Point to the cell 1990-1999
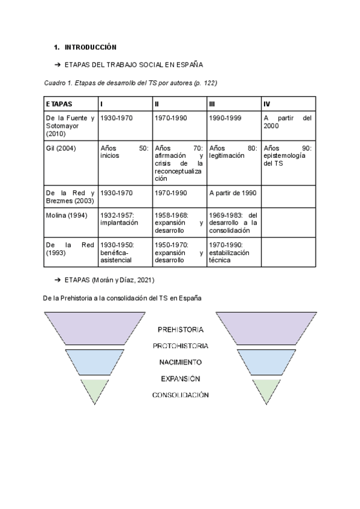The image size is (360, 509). click(x=225, y=118)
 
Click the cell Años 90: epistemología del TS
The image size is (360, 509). click(x=287, y=155)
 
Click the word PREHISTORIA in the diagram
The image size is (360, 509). click(x=180, y=330)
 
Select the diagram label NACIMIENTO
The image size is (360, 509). click(x=180, y=363)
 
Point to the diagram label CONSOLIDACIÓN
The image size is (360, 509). click(x=180, y=395)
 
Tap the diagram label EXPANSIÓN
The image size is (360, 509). click(x=180, y=379)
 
